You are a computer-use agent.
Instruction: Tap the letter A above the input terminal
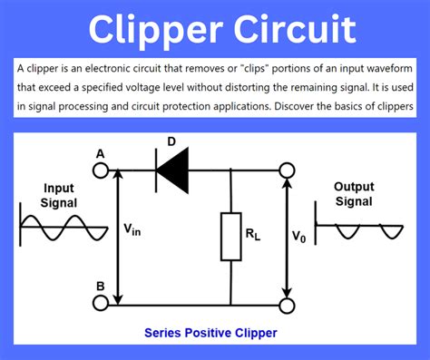(100, 152)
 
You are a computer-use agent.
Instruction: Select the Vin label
(132, 231)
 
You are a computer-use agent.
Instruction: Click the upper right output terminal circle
(288, 170)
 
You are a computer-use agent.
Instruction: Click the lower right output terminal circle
(288, 304)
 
